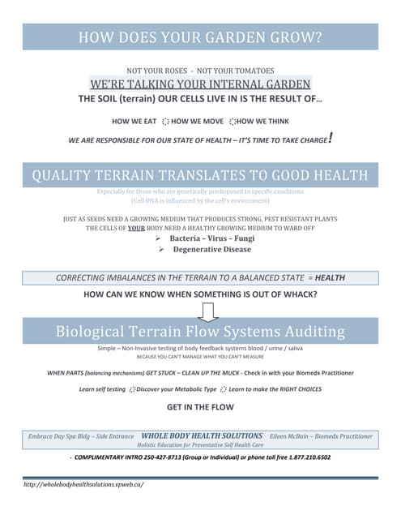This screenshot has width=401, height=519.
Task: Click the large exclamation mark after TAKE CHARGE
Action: click(331, 139)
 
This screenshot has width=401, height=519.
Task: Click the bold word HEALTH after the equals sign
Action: click(329, 277)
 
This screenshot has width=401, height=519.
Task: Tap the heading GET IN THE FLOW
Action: click(200, 407)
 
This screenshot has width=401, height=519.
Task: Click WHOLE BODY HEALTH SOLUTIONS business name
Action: click(202, 435)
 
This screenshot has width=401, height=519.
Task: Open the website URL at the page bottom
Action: click(84, 484)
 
